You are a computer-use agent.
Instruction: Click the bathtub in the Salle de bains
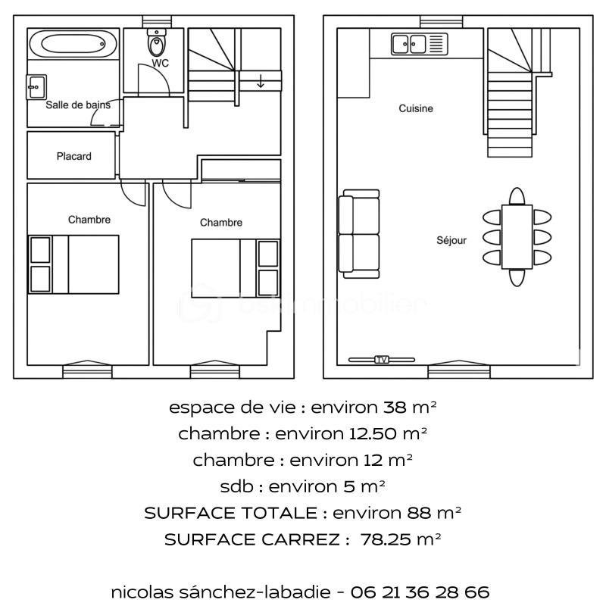[x=73, y=43]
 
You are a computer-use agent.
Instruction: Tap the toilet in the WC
[x=157, y=42]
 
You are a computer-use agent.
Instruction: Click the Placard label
[x=73, y=156]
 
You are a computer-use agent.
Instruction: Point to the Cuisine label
[x=416, y=108]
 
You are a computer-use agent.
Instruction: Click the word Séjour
[x=451, y=240]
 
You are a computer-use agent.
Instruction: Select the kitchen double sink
[x=419, y=45]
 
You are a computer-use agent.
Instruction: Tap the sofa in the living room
[x=358, y=233]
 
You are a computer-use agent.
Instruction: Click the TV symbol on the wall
[x=382, y=359]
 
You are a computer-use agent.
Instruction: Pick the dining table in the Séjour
[x=517, y=237]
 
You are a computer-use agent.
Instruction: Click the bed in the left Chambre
[x=74, y=264]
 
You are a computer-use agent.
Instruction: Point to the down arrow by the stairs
[x=261, y=81]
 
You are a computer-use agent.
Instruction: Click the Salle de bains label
[x=77, y=105]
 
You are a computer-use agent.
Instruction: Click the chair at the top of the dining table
[x=517, y=197]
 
